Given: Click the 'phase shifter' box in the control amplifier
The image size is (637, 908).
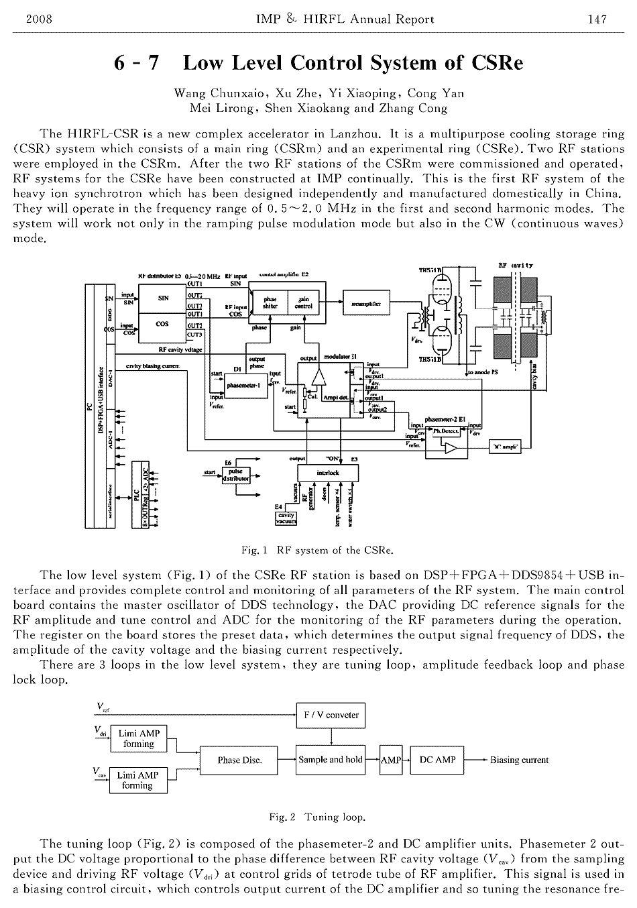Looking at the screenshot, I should click(x=271, y=303).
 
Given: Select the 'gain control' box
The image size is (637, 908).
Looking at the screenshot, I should click(x=303, y=303).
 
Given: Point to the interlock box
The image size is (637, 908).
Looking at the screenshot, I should click(x=328, y=473).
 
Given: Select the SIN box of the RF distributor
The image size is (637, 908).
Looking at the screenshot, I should click(x=162, y=298).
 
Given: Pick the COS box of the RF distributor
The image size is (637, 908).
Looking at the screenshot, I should click(x=162, y=323).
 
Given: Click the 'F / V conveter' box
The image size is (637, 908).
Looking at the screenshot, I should click(x=331, y=715).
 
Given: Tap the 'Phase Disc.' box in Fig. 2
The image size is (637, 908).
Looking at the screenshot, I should click(x=239, y=760).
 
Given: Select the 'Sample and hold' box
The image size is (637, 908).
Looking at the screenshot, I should click(x=331, y=760).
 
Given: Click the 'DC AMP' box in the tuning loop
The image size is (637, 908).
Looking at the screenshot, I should click(x=437, y=760).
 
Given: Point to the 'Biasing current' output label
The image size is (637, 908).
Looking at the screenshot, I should click(x=519, y=760).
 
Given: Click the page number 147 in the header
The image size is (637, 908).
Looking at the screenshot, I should click(x=597, y=19).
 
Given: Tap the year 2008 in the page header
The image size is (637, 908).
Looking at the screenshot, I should click(x=38, y=19).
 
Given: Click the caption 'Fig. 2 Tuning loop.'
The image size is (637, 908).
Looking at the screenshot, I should click(x=317, y=817).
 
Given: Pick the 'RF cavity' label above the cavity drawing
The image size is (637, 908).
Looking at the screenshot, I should click(x=516, y=266).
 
